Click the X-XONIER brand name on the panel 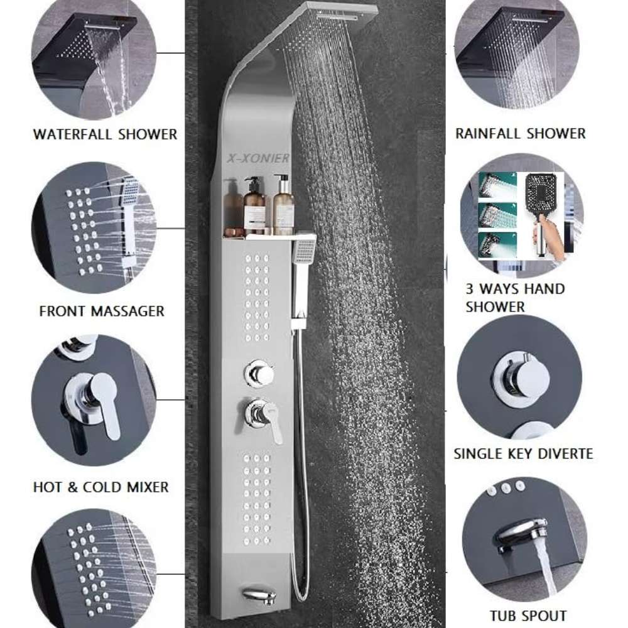coord(258,158)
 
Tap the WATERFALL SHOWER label coord(105,134)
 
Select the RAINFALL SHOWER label coord(520,133)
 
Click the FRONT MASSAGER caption coord(102,311)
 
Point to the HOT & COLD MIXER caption coord(101,487)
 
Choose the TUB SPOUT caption coord(528,615)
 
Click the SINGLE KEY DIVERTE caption coord(524,454)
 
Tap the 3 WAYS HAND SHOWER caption coord(515,298)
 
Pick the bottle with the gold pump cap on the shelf coord(284,205)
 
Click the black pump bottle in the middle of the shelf coord(254,206)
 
